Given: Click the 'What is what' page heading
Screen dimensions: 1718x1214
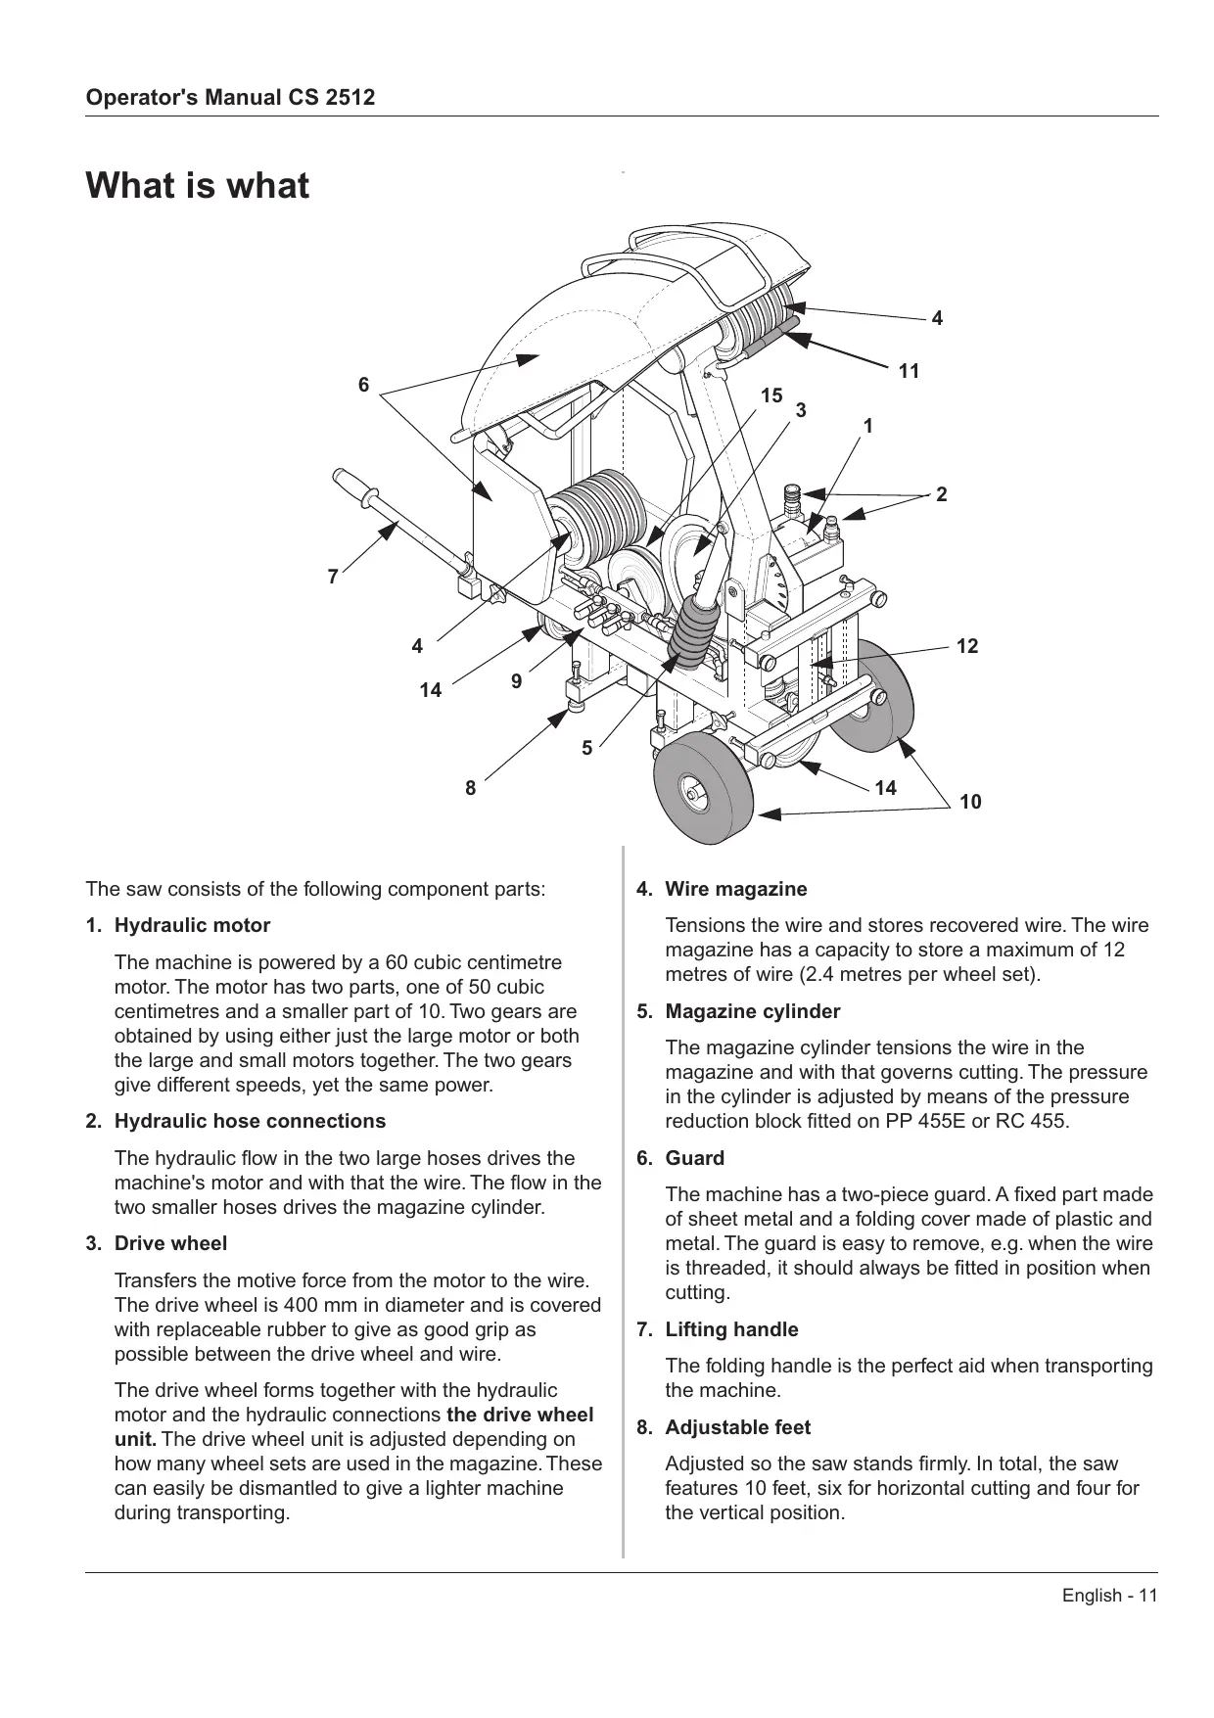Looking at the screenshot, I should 198,185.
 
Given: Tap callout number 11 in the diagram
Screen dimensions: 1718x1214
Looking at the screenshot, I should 909,371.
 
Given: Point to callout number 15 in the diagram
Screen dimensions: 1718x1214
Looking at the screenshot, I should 771,395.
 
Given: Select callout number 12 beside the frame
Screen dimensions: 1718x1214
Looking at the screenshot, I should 966,646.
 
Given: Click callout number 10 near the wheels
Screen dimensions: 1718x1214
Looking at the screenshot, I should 969,803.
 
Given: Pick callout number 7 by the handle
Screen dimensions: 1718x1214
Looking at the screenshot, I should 333,578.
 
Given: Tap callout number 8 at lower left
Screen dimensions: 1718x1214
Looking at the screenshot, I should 470,787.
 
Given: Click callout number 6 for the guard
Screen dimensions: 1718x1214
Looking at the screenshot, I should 363,385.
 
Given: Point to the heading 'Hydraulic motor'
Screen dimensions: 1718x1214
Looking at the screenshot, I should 192,925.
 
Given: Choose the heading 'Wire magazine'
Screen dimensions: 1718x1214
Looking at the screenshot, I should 735,889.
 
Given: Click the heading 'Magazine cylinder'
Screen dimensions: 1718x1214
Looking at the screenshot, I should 752,1011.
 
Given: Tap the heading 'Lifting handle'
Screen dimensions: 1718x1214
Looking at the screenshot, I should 731,1329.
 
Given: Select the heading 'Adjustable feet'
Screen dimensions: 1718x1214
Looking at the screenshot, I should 737,1427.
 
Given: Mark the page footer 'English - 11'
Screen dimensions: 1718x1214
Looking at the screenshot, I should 1109,1596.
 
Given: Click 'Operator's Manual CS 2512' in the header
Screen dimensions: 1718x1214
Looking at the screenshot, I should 230,98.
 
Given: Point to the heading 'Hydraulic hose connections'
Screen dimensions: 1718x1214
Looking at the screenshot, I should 250,1121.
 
